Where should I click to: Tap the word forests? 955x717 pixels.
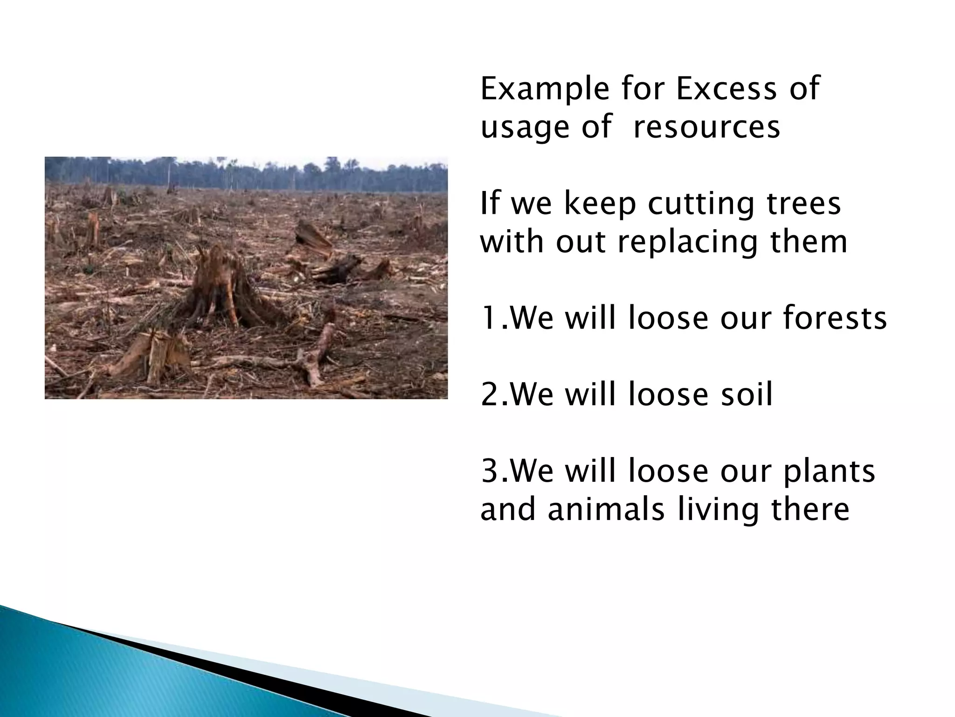coord(835,318)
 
